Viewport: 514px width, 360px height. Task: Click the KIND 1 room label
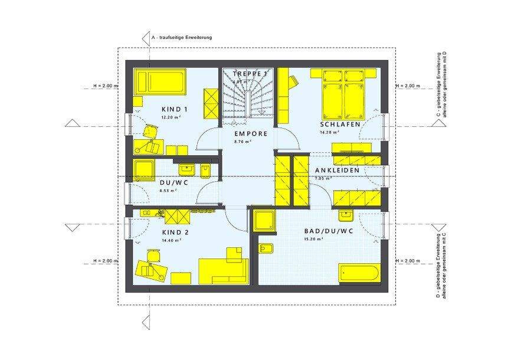[174, 109]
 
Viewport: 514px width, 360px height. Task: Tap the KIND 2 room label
[175, 233]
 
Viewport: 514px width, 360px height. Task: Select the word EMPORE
[251, 134]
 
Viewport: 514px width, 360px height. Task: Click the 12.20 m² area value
[170, 117]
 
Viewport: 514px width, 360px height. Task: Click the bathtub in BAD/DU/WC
[361, 274]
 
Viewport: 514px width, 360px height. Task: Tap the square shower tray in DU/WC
[145, 170]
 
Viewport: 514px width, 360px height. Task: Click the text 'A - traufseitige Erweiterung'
[181, 37]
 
